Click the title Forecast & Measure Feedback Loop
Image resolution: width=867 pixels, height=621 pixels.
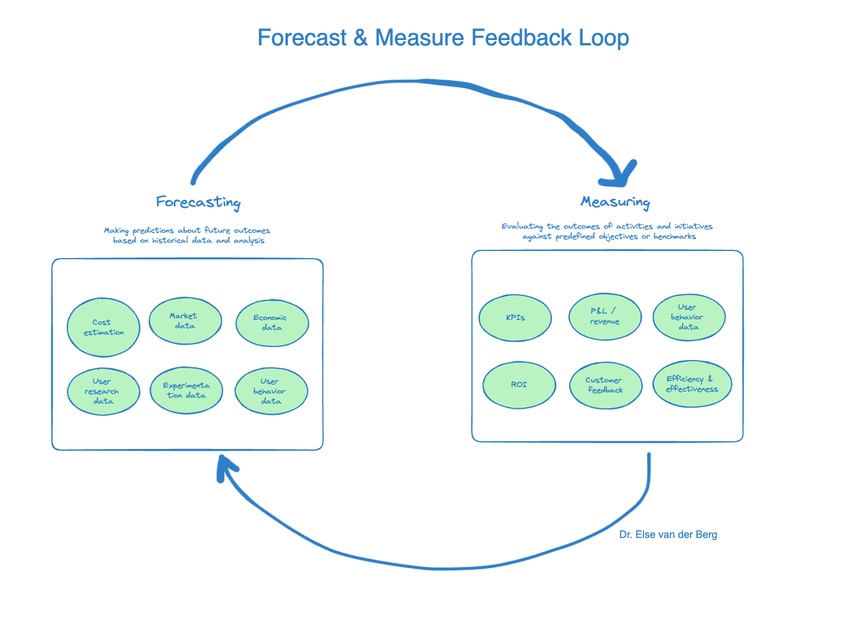(x=443, y=38)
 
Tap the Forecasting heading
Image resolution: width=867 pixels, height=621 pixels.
(x=198, y=202)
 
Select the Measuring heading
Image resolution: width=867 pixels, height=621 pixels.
(x=615, y=202)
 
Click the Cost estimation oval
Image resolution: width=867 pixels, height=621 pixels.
(x=103, y=327)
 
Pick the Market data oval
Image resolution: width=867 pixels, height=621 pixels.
(x=185, y=321)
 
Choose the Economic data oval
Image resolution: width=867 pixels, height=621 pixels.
(x=272, y=323)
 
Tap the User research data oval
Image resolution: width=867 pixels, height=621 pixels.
(x=103, y=391)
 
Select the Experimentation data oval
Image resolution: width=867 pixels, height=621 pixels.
(x=186, y=390)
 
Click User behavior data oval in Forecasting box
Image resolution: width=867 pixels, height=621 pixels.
(x=271, y=391)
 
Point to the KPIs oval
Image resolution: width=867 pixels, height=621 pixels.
(x=515, y=318)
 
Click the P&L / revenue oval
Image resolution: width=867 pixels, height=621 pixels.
(x=605, y=316)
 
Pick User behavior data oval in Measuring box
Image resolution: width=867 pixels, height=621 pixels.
(x=688, y=317)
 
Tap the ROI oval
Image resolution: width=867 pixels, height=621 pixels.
(x=519, y=385)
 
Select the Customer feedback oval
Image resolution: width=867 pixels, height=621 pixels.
(x=605, y=385)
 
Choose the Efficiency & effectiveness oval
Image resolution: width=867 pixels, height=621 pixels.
(x=692, y=384)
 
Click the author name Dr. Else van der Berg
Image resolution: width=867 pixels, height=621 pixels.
(x=668, y=535)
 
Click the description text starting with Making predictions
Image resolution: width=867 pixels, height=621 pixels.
(x=188, y=236)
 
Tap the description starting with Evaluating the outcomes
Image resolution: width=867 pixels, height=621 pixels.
(x=607, y=232)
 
